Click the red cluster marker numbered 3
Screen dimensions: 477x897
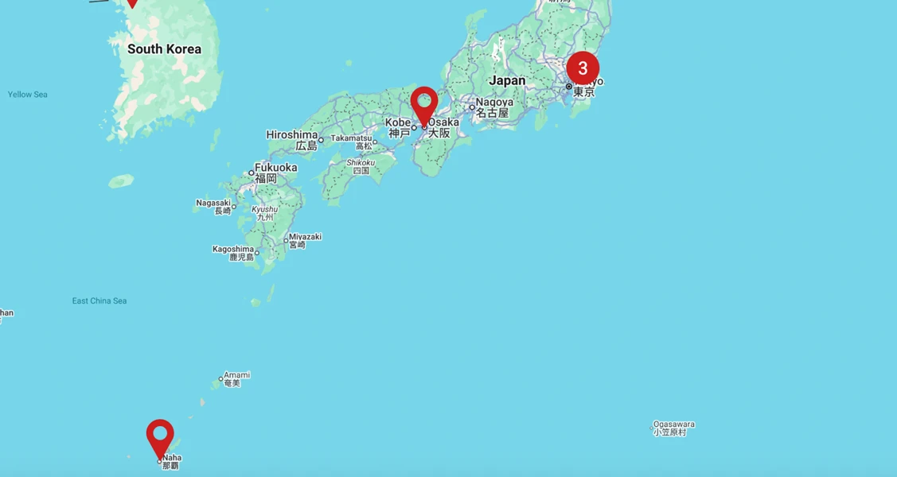(583, 68)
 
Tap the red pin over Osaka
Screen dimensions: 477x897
(424, 104)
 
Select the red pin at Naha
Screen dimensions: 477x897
(160, 436)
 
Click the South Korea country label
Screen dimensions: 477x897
(164, 49)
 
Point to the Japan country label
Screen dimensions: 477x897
(507, 80)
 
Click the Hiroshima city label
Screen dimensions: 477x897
(291, 135)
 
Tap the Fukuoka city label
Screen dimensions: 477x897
(275, 168)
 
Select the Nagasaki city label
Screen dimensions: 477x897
(213, 203)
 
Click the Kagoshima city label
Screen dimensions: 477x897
(232, 249)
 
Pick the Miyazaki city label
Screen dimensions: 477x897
(305, 237)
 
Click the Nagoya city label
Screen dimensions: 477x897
(494, 103)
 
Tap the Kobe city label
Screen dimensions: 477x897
(398, 122)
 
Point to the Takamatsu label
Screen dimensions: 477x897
(352, 138)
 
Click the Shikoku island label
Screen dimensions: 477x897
(361, 163)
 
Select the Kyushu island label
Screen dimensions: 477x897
(264, 210)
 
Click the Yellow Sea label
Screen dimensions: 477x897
(28, 95)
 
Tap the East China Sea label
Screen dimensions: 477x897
(99, 301)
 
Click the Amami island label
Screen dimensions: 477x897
(236, 375)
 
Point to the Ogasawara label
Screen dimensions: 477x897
(673, 425)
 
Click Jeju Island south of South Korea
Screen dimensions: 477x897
(121, 181)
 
